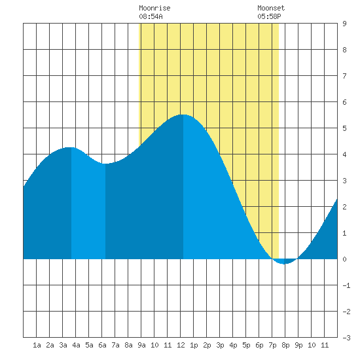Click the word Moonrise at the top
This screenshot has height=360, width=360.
click(154, 8)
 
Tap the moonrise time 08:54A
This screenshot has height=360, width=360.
click(151, 16)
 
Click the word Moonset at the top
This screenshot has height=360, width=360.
click(271, 8)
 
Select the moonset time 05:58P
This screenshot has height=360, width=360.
click(269, 16)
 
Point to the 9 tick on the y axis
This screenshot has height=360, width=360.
click(344, 24)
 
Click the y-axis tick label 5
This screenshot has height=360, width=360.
click(344, 128)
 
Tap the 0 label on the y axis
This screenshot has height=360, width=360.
click(344, 259)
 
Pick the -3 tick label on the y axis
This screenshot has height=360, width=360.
click(346, 338)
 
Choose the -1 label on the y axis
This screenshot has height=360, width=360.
click(346, 285)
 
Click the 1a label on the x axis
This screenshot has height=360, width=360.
click(37, 345)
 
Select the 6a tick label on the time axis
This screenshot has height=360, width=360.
click(102, 345)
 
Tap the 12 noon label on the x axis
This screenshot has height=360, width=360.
click(181, 345)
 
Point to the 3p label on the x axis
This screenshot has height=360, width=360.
click(220, 345)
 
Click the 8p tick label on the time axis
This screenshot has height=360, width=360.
click(285, 345)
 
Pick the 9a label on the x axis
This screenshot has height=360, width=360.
click(141, 345)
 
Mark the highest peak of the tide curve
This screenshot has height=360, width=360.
click(183, 115)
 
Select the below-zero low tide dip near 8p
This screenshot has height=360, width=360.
click(284, 264)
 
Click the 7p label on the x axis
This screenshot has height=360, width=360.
click(272, 345)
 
